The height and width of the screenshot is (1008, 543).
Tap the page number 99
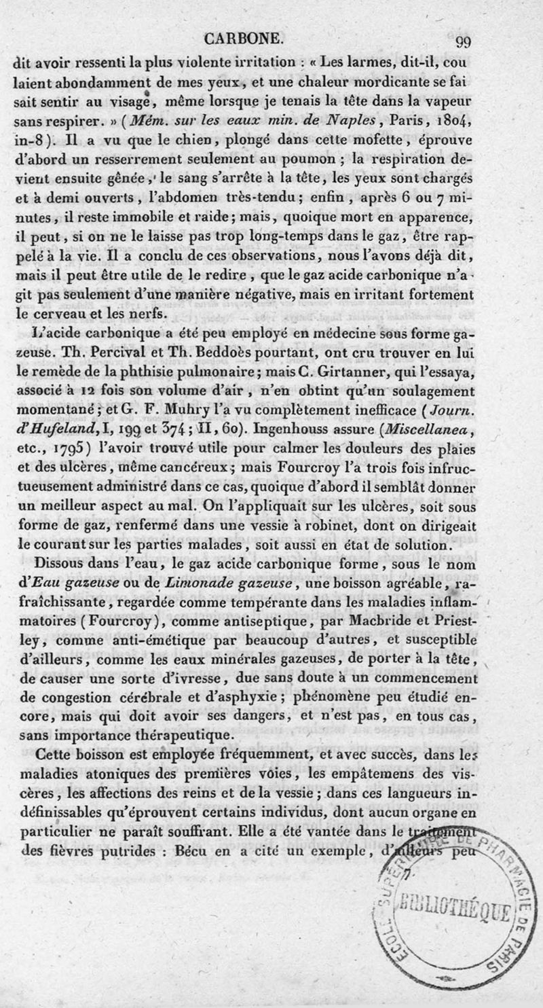tap(463, 42)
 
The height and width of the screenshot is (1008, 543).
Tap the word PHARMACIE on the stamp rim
tap(491, 859)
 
